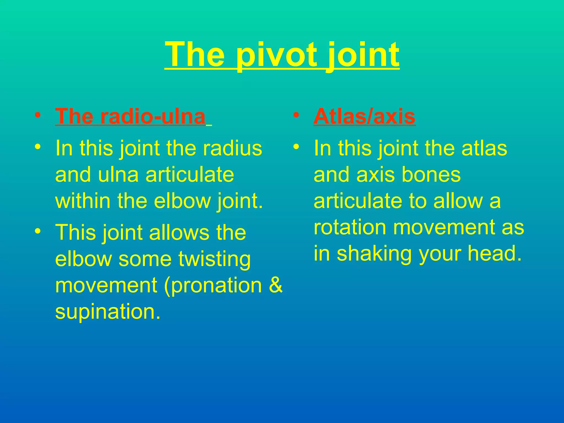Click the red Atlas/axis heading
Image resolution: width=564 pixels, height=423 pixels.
click(364, 116)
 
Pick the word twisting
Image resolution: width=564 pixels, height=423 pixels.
click(215, 259)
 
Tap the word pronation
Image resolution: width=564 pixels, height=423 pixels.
click(213, 285)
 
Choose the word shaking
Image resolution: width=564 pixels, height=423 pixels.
click(374, 254)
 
